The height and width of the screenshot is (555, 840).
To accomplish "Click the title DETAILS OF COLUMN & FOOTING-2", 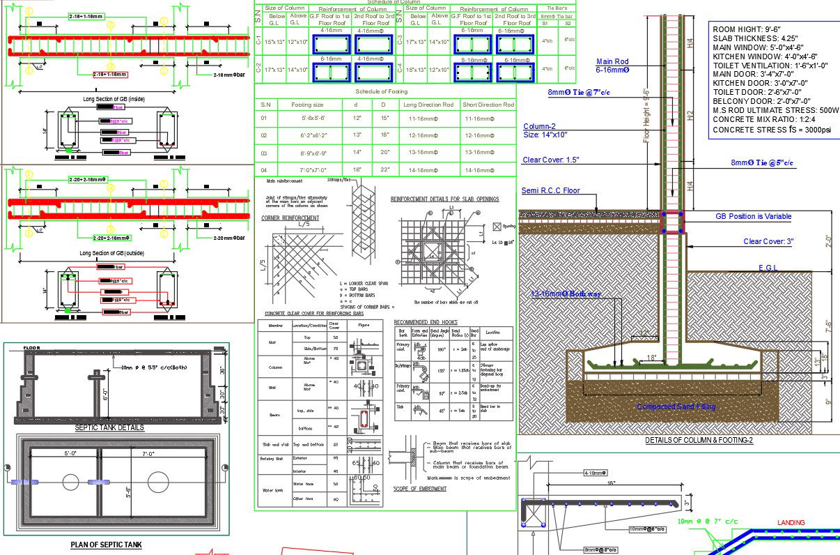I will point(699,441).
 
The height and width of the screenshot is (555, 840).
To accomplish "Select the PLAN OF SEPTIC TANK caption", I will point(106,545).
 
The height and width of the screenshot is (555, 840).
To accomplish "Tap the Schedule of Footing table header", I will point(381,92).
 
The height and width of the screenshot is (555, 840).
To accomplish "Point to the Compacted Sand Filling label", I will point(676,406).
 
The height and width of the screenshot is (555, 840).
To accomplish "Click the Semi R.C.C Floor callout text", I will point(550,190).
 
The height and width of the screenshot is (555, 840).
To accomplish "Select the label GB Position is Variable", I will point(753,217).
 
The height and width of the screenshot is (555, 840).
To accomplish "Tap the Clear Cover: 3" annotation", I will point(768,242).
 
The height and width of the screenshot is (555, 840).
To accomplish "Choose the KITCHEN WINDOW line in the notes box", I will point(764,56).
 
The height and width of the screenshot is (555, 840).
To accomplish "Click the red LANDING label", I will point(791,522).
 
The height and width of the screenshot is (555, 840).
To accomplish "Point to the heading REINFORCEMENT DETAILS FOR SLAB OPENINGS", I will point(444,199).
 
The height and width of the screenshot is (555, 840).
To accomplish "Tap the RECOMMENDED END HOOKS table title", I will point(426,322).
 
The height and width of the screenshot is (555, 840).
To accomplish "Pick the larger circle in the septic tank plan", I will point(158,482).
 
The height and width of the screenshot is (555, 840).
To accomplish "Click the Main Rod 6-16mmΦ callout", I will point(613,66).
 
